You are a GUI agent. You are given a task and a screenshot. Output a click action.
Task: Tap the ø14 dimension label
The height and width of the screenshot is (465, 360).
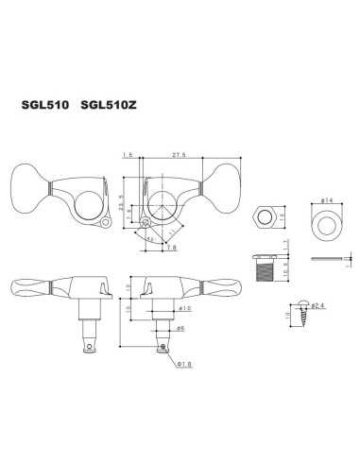pyautogui.click(x=327, y=199)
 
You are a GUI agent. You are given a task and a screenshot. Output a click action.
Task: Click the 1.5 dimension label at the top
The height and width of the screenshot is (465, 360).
pyautogui.click(x=129, y=153)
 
